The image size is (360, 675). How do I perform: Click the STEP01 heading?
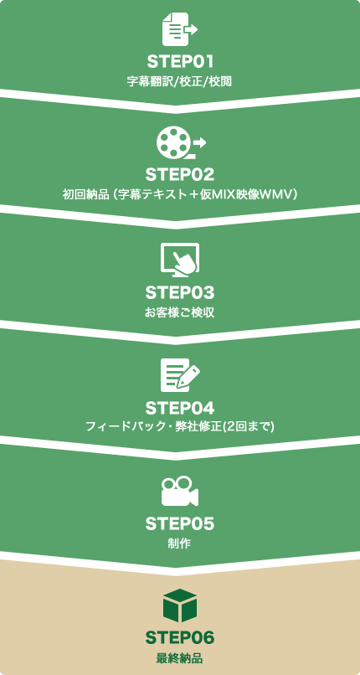tap(180, 62)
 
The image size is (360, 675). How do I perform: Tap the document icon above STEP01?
tap(180, 29)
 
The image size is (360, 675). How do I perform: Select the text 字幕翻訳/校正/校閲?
tap(180, 82)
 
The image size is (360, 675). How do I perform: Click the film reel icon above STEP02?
tap(181, 142)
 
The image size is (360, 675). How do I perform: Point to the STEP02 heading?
tap(180, 175)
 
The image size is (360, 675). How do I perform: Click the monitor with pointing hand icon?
tap(180, 258)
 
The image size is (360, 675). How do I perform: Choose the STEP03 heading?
tap(180, 293)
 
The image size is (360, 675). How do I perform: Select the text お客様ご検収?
tap(180, 312)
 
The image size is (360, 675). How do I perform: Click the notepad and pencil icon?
tap(180, 375)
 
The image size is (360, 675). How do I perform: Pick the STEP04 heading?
tap(180, 408)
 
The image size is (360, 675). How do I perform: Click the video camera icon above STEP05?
tap(180, 491)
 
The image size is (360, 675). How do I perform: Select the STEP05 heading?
tap(180, 524)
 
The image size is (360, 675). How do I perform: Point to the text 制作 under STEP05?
tap(180, 544)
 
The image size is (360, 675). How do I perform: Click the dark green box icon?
tap(180, 605)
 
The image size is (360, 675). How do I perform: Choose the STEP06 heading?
tap(180, 638)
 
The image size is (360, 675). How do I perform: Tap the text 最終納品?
tap(180, 658)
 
